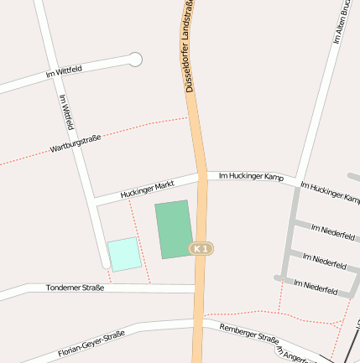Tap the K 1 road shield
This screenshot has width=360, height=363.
point(200,249)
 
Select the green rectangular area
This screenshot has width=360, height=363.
point(174,229)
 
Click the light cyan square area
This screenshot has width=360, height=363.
point(124,254)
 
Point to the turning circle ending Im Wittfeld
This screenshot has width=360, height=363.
point(135,59)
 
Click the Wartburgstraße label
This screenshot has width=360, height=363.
point(76,144)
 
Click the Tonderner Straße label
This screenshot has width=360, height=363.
point(76,288)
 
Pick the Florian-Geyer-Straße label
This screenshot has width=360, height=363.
point(92,343)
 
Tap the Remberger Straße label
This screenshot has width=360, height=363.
point(248,334)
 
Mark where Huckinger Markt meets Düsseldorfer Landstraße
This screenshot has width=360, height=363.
point(201,176)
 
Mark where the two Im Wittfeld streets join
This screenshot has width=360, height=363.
point(52,76)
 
